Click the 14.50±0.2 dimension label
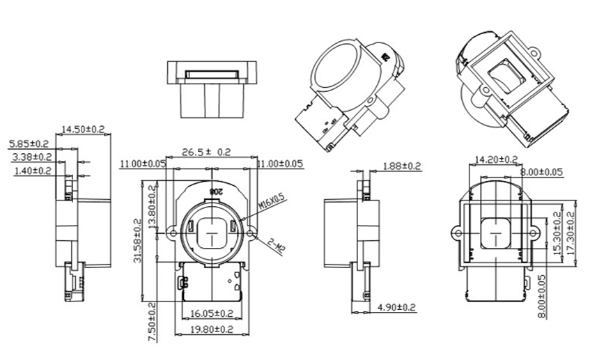coord(84,129)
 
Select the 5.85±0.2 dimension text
coord(29,144)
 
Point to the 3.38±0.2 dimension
coord(32,157)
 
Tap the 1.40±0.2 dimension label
coord(33,171)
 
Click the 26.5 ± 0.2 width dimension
coord(206,152)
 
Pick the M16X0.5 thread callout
coord(272,203)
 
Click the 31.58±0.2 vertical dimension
coord(138,240)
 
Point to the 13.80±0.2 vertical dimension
coord(152,205)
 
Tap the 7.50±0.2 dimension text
coord(153,322)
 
